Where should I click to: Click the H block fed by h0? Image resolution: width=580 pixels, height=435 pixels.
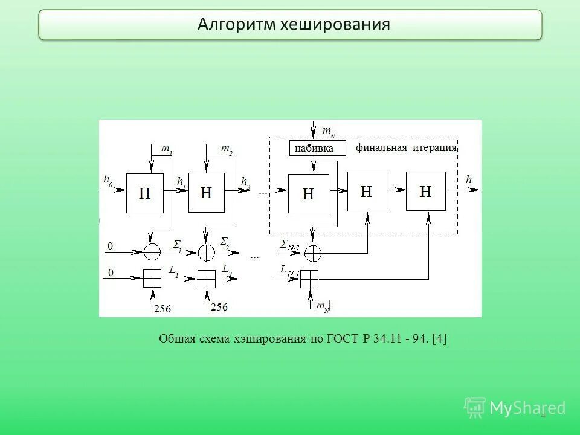pos(145,193)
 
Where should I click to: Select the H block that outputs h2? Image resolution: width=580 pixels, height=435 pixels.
pos(207,193)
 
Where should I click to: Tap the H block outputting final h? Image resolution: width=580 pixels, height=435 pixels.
pos(426,192)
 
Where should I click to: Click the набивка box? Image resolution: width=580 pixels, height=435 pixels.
pos(318,148)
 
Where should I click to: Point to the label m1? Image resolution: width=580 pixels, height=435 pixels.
pos(166,148)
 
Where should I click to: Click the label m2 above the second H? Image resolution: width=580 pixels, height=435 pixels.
pos(227,148)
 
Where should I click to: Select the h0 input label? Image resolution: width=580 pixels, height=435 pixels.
pos(108,180)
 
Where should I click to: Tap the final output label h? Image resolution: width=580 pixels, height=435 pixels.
pos(469,179)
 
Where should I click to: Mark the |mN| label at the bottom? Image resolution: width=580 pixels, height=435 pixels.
pos(322,306)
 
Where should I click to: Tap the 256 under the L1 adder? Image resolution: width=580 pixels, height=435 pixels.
pos(163,309)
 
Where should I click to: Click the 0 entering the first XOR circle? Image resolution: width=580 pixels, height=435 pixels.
pos(110,246)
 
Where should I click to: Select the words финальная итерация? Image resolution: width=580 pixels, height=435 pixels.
pos(406,148)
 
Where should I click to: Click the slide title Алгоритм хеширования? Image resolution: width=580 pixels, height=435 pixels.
pos(294,24)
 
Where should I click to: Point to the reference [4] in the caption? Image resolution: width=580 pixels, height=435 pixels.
pos(439,338)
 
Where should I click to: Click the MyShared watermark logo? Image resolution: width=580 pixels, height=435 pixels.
pos(514,408)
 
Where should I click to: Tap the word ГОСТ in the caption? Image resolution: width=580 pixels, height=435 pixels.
pos(343,338)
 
